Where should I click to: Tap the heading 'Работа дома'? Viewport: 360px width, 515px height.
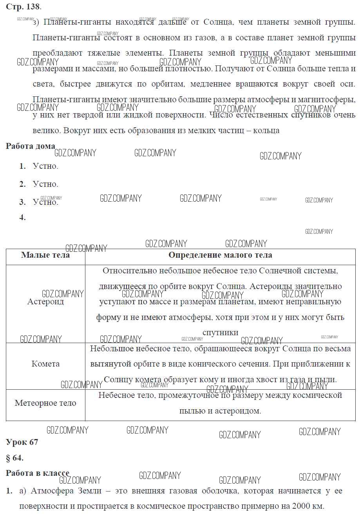pos(30,146)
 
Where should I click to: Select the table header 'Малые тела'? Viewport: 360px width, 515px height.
pos(45,255)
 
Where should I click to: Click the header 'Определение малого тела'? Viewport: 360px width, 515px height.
pos(220,255)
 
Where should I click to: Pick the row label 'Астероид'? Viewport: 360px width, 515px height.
pos(45,302)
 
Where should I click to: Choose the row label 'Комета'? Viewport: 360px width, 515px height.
pos(45,364)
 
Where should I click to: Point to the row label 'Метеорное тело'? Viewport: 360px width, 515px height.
pos(45,403)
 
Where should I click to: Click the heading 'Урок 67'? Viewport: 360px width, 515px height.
pos(22,442)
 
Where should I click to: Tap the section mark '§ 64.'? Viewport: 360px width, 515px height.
pos(15,458)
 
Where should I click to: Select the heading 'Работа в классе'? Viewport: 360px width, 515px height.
pos(37,473)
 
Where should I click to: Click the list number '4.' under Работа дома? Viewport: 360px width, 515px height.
pos(23,218)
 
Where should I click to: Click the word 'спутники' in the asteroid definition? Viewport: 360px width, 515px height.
pos(220,332)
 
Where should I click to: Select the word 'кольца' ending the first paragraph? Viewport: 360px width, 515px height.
pos(266,130)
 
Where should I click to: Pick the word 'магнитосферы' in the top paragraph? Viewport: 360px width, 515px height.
pos(328,99)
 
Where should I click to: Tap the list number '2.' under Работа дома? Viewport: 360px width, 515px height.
pos(23,184)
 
